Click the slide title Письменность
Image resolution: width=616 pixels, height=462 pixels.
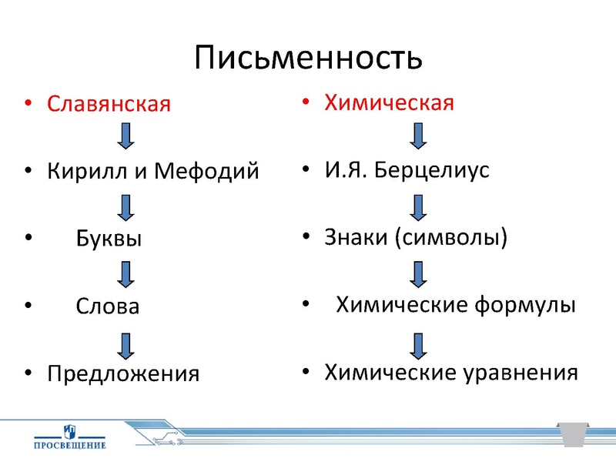coord(308,58)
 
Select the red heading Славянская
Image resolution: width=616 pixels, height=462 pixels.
coord(109,104)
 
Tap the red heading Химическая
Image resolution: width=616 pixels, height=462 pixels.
coord(389,102)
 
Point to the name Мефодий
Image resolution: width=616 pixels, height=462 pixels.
coord(207,171)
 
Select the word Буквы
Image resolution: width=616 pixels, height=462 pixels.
coord(109,239)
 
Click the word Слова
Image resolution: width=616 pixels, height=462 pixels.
coord(108,306)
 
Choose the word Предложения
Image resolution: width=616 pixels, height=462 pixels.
coord(123,374)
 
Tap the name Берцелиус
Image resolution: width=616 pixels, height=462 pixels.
coord(432,170)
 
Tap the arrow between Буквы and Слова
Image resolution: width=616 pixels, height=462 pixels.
coord(126,273)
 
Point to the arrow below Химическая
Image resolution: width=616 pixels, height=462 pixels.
coord(417,135)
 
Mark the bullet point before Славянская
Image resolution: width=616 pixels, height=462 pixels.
coord(28,104)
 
